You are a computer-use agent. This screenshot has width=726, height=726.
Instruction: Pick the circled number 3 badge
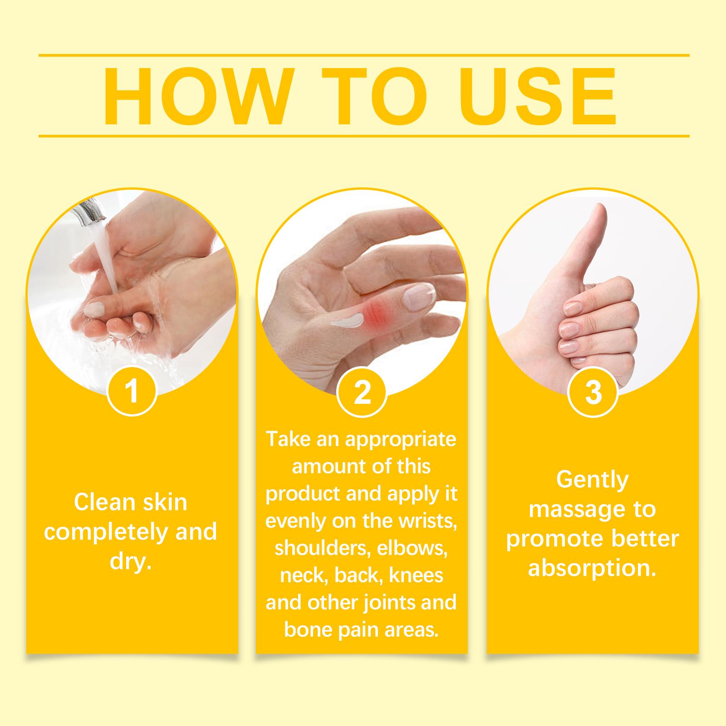click(x=593, y=392)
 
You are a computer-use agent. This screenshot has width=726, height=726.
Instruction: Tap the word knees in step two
click(x=416, y=575)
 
